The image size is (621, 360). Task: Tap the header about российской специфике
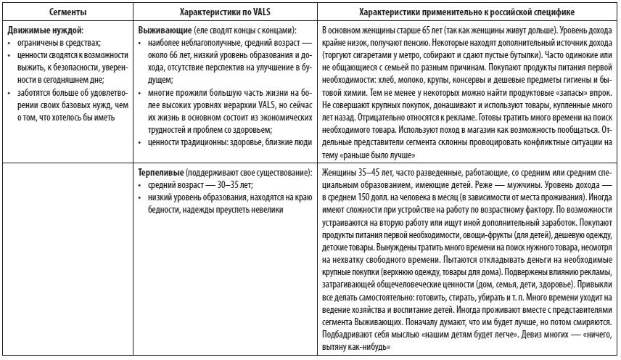coord(467,13)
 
